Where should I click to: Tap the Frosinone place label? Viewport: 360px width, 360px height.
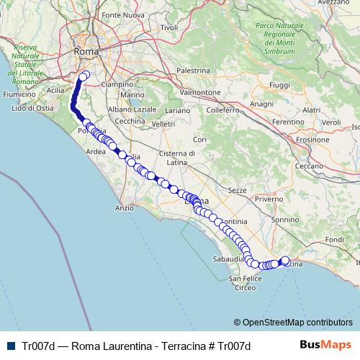[313, 138]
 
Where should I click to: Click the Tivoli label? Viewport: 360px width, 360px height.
[168, 27]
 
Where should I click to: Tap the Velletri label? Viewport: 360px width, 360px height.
[163, 124]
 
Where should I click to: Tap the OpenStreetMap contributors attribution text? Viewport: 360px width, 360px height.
[297, 322]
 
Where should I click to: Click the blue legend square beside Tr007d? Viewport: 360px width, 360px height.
[12, 345]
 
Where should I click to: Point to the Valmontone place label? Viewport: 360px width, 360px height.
[200, 93]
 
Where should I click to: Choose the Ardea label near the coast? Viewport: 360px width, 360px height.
[96, 152]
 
